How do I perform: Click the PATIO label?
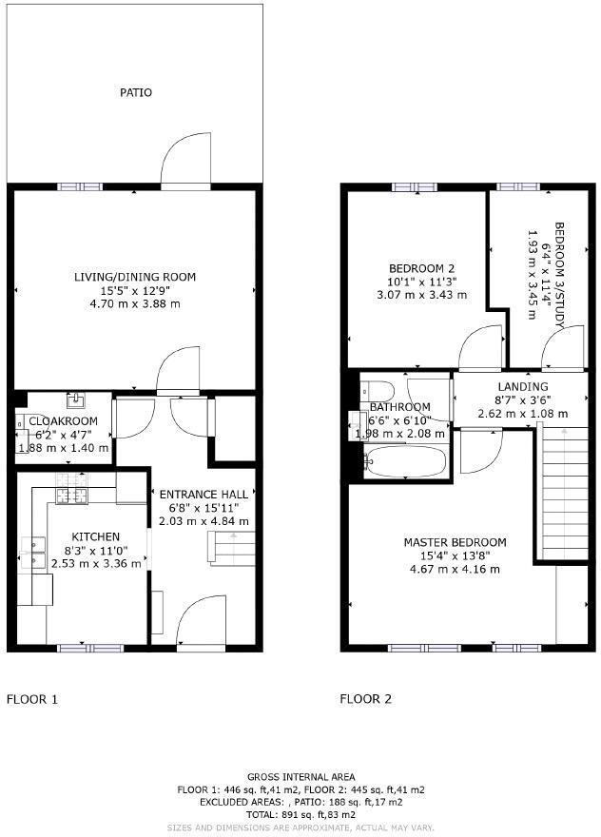click(x=135, y=92)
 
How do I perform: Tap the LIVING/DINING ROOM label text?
click(x=135, y=277)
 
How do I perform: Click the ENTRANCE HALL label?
click(x=204, y=495)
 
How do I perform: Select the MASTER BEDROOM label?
click(x=455, y=542)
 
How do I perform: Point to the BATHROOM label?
click(x=400, y=407)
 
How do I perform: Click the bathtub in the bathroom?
click(x=404, y=462)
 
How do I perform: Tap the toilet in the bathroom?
click(x=377, y=389)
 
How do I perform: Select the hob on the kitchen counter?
click(x=70, y=494)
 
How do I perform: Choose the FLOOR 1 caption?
click(x=32, y=699)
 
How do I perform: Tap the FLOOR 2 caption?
click(x=366, y=699)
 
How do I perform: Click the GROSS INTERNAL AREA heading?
click(x=300, y=777)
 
